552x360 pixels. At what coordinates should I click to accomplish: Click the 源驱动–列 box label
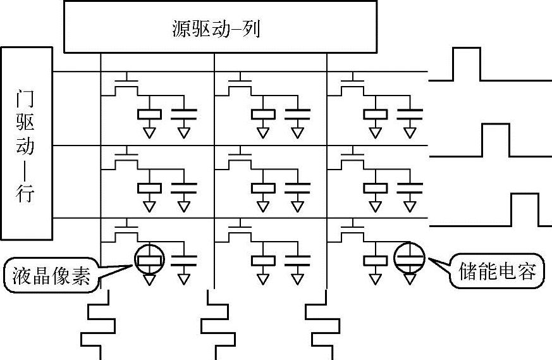coord(216,29)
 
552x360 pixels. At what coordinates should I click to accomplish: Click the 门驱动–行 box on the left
coord(26,143)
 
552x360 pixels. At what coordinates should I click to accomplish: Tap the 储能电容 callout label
coord(496,272)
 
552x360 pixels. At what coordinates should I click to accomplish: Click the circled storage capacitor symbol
coord(409,257)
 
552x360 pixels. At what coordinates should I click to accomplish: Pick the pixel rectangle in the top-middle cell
coord(263,114)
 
